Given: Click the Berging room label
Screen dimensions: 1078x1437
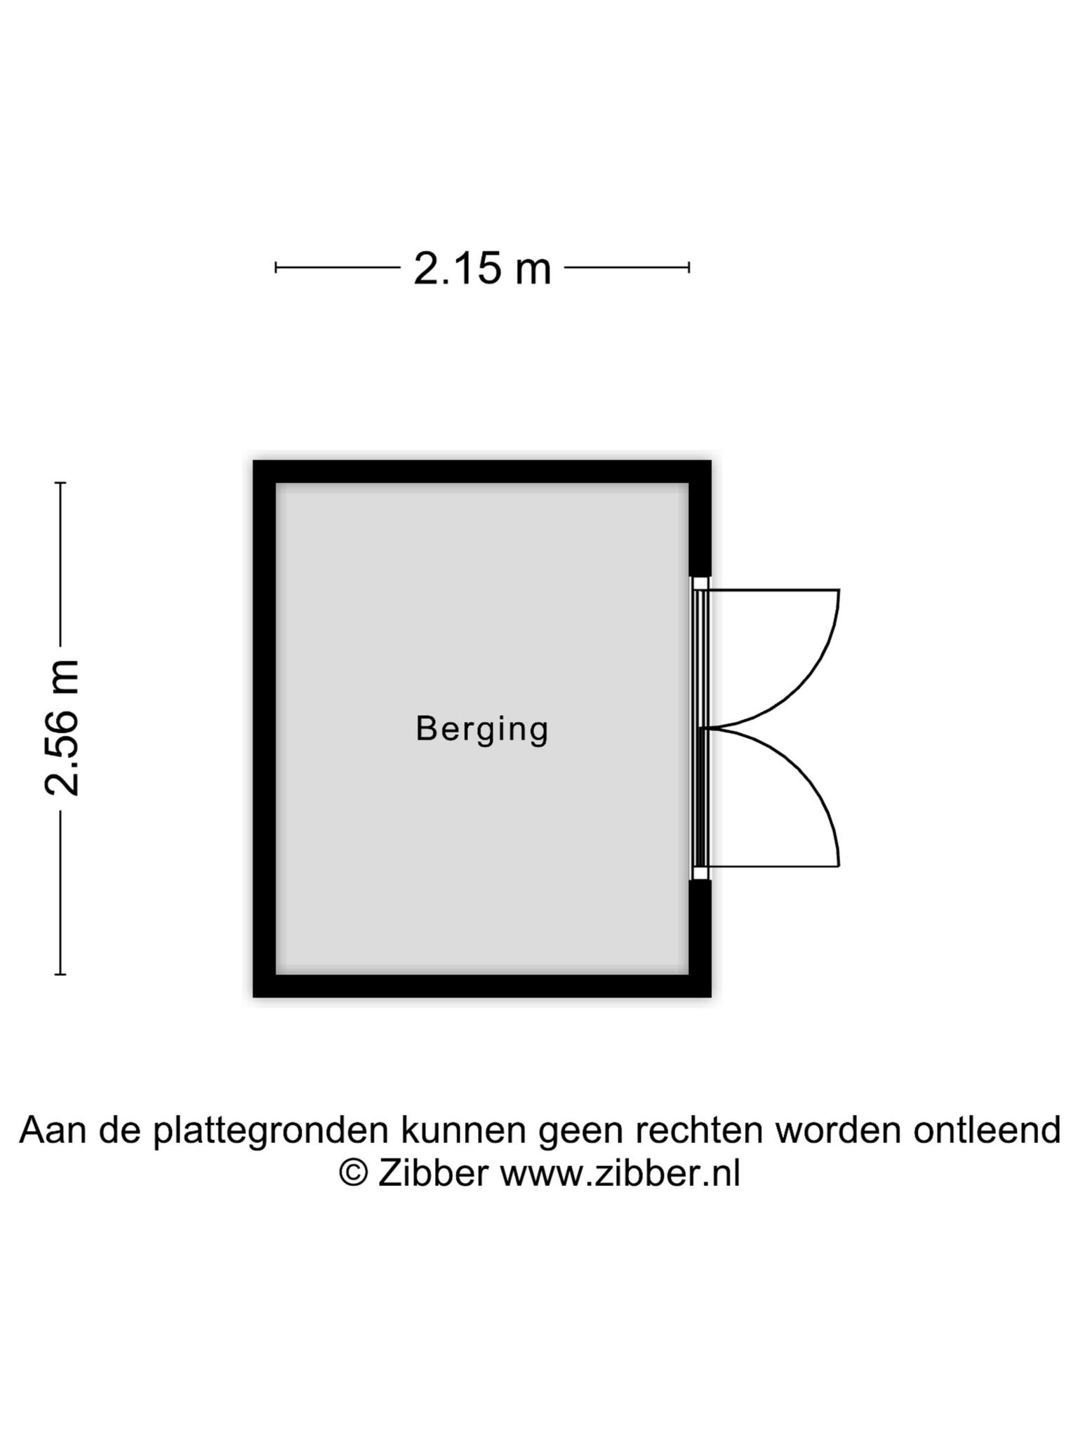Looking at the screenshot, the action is [482, 730].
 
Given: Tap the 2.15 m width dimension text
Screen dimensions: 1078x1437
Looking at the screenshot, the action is [482, 268].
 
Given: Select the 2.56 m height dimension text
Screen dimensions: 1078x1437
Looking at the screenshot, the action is [62, 728].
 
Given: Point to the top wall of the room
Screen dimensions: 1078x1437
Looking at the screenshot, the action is [481, 472].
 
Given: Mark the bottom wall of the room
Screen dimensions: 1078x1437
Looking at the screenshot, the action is [481, 985].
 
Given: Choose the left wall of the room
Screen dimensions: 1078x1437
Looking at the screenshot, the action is [265, 728].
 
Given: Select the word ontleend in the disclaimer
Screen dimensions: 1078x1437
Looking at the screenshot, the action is [987, 1130].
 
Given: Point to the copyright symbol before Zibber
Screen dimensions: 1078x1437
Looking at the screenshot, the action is [354, 1173].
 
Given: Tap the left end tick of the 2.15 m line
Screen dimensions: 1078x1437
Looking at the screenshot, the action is [276, 267].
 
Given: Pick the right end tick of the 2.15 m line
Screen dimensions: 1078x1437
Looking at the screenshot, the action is [689, 267].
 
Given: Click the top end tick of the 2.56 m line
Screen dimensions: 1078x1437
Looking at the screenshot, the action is [60, 483].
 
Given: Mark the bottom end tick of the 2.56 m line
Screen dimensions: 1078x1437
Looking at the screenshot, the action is [60, 974].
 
